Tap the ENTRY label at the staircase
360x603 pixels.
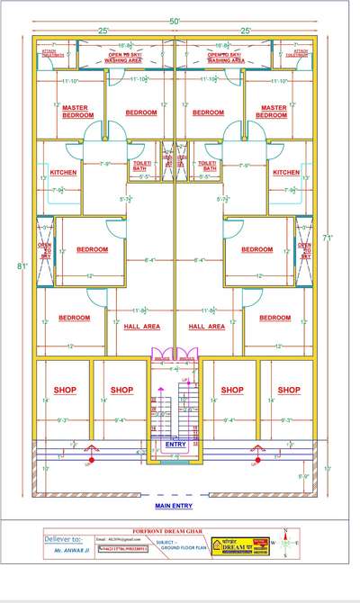(x=176, y=444)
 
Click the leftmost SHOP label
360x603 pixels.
(x=65, y=390)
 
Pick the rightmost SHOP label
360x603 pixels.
(x=289, y=390)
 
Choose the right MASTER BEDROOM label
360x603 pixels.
(x=272, y=111)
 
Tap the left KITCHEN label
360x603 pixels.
(x=63, y=172)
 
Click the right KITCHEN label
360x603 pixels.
(x=286, y=172)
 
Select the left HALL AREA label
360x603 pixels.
(x=141, y=327)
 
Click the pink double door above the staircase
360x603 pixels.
(x=175, y=354)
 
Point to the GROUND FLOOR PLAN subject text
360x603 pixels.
(x=181, y=552)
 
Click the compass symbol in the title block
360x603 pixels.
(x=286, y=543)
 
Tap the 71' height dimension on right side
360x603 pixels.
(x=330, y=238)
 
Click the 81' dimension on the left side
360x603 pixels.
(x=21, y=265)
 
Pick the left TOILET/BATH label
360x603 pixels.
(x=145, y=165)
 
